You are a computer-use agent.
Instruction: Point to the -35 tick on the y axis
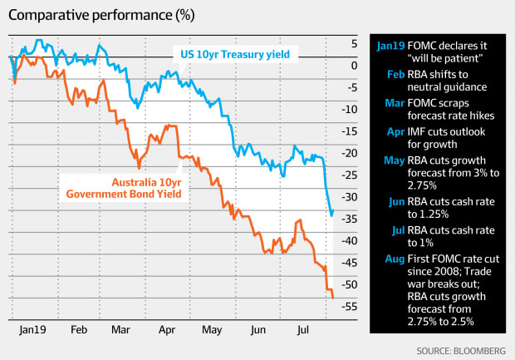tap(349, 219)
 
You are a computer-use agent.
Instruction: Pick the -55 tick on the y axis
tap(349, 306)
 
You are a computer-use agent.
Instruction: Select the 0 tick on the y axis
tap(355, 66)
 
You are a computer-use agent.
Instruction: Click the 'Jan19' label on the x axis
tap(31, 329)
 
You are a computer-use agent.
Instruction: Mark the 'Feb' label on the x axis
tap(79, 329)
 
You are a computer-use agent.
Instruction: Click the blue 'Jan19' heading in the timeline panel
tap(390, 47)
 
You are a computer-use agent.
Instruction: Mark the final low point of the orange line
tap(332, 297)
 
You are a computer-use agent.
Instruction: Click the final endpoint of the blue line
tap(332, 214)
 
